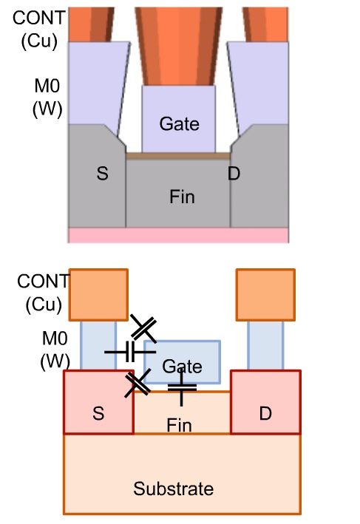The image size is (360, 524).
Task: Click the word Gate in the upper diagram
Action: (x=179, y=124)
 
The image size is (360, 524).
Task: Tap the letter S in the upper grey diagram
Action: (x=102, y=174)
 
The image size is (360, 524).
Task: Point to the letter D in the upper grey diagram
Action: (x=234, y=174)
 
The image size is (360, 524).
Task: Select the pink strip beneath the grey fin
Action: (x=178, y=235)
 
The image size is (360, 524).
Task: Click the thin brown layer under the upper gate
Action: (x=178, y=156)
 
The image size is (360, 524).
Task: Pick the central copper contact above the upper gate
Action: (x=179, y=46)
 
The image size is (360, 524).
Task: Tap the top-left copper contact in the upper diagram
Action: (x=91, y=24)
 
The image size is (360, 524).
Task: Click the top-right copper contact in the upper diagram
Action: (x=265, y=24)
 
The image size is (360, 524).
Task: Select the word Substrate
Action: (x=174, y=489)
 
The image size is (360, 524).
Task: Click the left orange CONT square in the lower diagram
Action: (x=98, y=295)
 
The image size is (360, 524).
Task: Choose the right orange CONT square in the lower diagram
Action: (x=265, y=295)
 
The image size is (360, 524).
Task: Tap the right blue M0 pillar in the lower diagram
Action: (x=265, y=346)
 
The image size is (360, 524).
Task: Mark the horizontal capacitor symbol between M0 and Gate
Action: (x=130, y=352)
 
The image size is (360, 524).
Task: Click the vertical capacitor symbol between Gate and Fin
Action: (x=182, y=388)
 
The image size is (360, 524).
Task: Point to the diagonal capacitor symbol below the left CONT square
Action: (x=143, y=328)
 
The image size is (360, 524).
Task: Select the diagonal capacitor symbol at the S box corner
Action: (x=137, y=384)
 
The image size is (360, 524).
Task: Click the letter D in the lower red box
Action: (x=265, y=414)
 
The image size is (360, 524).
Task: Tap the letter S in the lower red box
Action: (x=98, y=413)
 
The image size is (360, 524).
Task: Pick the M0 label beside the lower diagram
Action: (x=55, y=338)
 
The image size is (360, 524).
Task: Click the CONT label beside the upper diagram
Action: (x=38, y=18)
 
